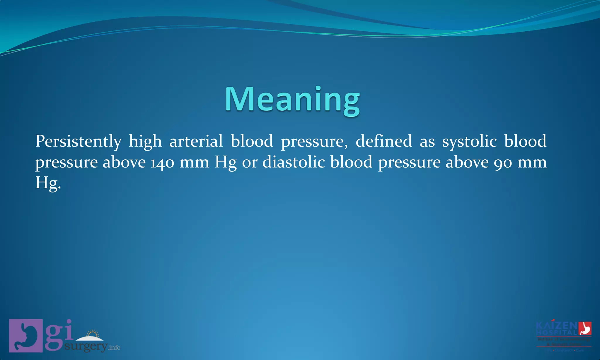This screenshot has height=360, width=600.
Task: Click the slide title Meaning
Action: pyautogui.click(x=292, y=100)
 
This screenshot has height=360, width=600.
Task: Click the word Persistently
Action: pyautogui.click(x=78, y=141)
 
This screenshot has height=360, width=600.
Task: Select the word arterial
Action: pyautogui.click(x=196, y=141)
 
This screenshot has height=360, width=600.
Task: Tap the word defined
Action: pyautogui.click(x=383, y=141)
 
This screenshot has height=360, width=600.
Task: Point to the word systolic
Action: pyautogui.click(x=469, y=141)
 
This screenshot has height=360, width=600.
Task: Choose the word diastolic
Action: pyautogui.click(x=294, y=162)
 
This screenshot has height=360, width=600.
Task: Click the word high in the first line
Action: pyautogui.click(x=145, y=141)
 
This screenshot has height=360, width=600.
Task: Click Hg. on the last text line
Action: pyautogui.click(x=48, y=183)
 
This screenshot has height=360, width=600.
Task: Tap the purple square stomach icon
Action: pyautogui.click(x=26, y=335)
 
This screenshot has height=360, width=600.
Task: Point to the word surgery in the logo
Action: pyautogui.click(x=86, y=347)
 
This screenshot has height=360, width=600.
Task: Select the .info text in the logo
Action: pyautogui.click(x=114, y=348)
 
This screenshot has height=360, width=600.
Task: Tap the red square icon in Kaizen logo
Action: pyautogui.click(x=585, y=328)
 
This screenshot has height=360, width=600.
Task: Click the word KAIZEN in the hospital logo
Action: pyautogui.click(x=556, y=326)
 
